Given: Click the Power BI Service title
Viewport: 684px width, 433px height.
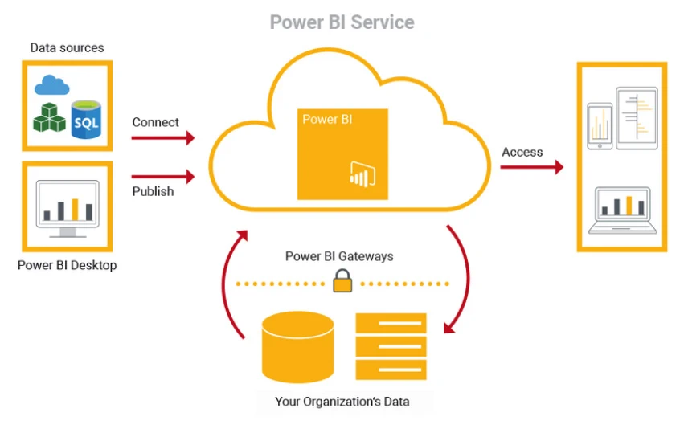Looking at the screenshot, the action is [342, 22].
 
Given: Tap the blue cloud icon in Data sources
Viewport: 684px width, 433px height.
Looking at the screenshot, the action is [52, 85].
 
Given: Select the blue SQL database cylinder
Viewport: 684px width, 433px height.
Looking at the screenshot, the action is [86, 119].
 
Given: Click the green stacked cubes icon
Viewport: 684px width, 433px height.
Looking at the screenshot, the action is [49, 117].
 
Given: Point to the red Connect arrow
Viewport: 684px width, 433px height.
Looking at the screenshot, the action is [162, 138].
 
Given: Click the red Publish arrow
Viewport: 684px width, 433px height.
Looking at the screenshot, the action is [162, 177].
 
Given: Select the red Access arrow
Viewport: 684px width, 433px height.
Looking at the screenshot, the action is [532, 167].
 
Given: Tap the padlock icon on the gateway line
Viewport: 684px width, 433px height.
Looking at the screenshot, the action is [342, 280].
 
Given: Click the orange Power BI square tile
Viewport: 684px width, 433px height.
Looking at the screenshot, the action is [342, 154].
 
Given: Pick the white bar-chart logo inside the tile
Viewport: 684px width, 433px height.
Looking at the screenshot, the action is [362, 174].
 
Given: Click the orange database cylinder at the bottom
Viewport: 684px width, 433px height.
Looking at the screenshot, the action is [298, 347].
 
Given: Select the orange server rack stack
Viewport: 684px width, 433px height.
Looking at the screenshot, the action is [391, 347].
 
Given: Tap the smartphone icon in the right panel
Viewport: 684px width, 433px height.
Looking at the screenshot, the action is [600, 126].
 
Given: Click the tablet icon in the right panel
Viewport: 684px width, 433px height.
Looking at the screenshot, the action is [637, 119].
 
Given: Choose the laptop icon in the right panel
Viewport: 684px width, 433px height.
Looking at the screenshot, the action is [622, 210].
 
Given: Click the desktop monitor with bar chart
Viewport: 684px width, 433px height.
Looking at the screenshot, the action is [68, 209].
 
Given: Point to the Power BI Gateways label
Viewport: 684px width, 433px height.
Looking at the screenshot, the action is [339, 256].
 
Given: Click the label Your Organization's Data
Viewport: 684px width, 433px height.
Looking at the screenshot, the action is [342, 402].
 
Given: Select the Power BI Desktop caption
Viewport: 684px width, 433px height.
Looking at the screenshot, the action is [68, 265].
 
